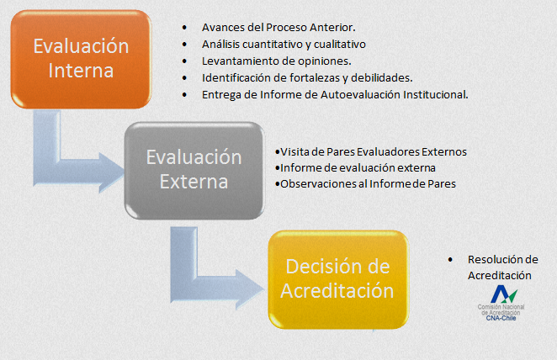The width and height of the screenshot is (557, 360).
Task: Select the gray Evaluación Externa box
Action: [x=194, y=169]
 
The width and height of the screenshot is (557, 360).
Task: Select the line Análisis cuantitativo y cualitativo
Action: [x=284, y=43]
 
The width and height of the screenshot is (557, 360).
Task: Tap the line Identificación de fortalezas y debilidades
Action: [x=306, y=77]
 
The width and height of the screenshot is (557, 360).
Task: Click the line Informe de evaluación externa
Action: [x=346, y=167]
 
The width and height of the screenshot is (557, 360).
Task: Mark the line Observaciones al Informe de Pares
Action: [x=368, y=183]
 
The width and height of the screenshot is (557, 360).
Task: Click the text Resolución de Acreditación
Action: [x=502, y=267]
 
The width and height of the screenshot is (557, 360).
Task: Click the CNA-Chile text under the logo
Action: [x=503, y=319]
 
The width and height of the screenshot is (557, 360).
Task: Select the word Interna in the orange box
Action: [x=81, y=71]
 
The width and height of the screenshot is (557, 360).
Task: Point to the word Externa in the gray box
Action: [x=194, y=182]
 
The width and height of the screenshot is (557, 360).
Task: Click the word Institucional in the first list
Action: [x=434, y=94]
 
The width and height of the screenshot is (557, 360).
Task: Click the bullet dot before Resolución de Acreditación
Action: [x=450, y=259]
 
